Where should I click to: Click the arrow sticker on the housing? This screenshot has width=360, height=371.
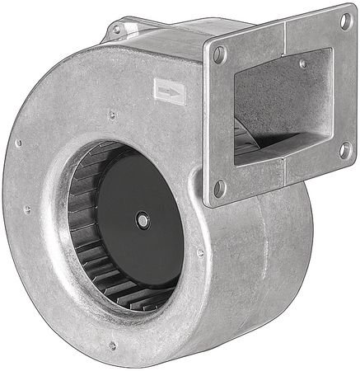170,92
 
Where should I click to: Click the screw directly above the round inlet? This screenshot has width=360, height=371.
111,115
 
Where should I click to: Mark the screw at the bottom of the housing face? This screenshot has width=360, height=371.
113,345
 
